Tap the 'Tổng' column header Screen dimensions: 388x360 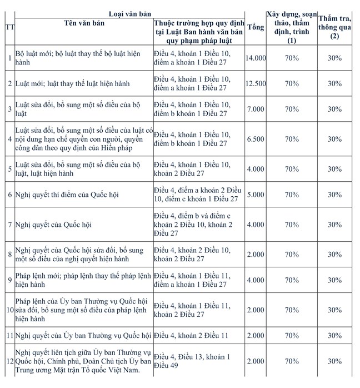(256, 27)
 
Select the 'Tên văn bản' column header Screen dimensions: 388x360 (77, 23)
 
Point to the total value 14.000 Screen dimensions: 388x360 (256, 58)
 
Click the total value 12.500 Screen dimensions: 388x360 (256, 83)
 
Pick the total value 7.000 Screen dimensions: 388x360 (256, 109)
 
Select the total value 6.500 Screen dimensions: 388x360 (256, 138)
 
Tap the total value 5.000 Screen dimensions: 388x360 (256, 195)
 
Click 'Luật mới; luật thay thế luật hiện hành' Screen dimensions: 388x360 (72, 83)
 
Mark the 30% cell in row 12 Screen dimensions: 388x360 (334, 361)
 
